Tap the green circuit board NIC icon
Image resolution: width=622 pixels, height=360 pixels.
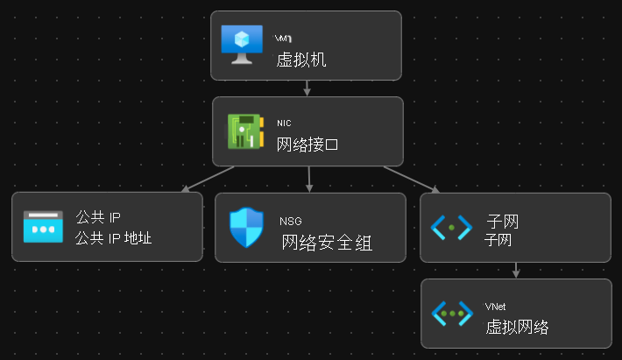[x=244, y=131]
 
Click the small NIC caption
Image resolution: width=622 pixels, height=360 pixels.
[x=284, y=124]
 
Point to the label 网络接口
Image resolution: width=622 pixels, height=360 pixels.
[x=307, y=145]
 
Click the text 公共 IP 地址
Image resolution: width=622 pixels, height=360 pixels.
[x=114, y=237]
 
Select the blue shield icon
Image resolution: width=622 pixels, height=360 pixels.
[x=244, y=228]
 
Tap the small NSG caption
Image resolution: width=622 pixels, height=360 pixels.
[x=290, y=221]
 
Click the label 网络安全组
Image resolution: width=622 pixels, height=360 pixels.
[x=327, y=243]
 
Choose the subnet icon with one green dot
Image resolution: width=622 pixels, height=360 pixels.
[x=452, y=227]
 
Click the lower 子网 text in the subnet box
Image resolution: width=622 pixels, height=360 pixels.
[x=498, y=239]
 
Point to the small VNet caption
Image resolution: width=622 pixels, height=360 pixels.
[x=496, y=307]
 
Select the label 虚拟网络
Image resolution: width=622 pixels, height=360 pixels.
[x=517, y=328]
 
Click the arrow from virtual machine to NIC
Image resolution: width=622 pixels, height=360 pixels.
[x=307, y=88]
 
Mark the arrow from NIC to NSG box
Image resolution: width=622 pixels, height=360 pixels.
[x=309, y=179]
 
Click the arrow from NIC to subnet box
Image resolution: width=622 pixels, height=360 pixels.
[x=412, y=178]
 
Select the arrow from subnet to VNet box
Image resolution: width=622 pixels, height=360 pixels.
[x=516, y=270]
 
